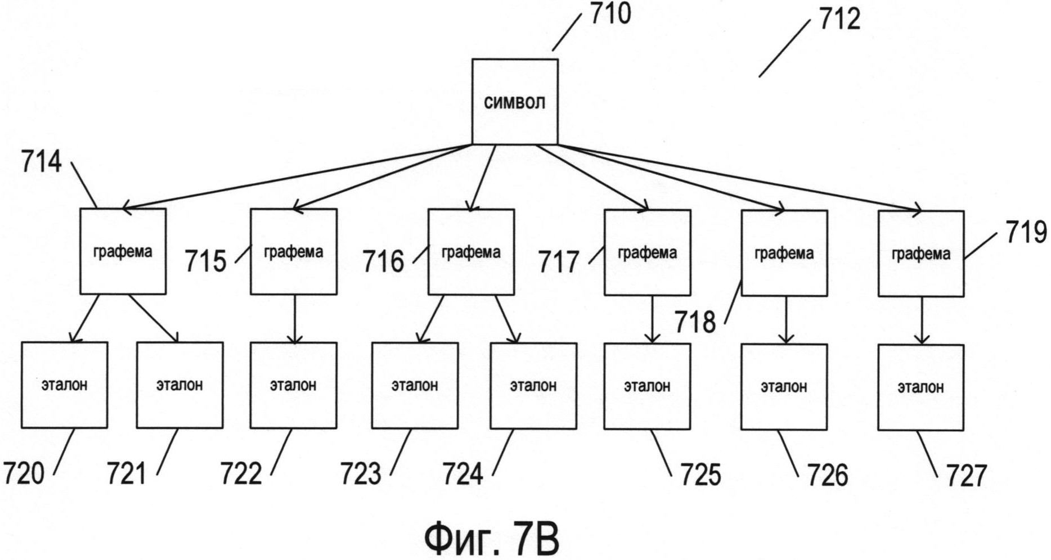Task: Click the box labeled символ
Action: tap(514, 102)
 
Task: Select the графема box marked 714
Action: tap(123, 251)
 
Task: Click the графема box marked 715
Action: tap(293, 252)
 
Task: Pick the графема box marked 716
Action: tap(471, 252)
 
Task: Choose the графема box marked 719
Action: tap(921, 254)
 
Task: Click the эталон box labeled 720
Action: tap(64, 385)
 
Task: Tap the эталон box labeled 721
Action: tap(179, 385)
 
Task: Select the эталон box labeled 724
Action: tap(533, 386)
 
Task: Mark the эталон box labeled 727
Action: tap(920, 387)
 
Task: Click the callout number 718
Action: tap(695, 322)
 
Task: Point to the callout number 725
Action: tap(700, 475)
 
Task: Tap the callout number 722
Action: tap(241, 473)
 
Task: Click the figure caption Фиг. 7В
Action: tap(491, 538)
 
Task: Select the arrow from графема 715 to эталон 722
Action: tap(294, 318)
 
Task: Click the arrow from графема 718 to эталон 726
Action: tap(785, 319)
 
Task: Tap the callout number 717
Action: tap(559, 262)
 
